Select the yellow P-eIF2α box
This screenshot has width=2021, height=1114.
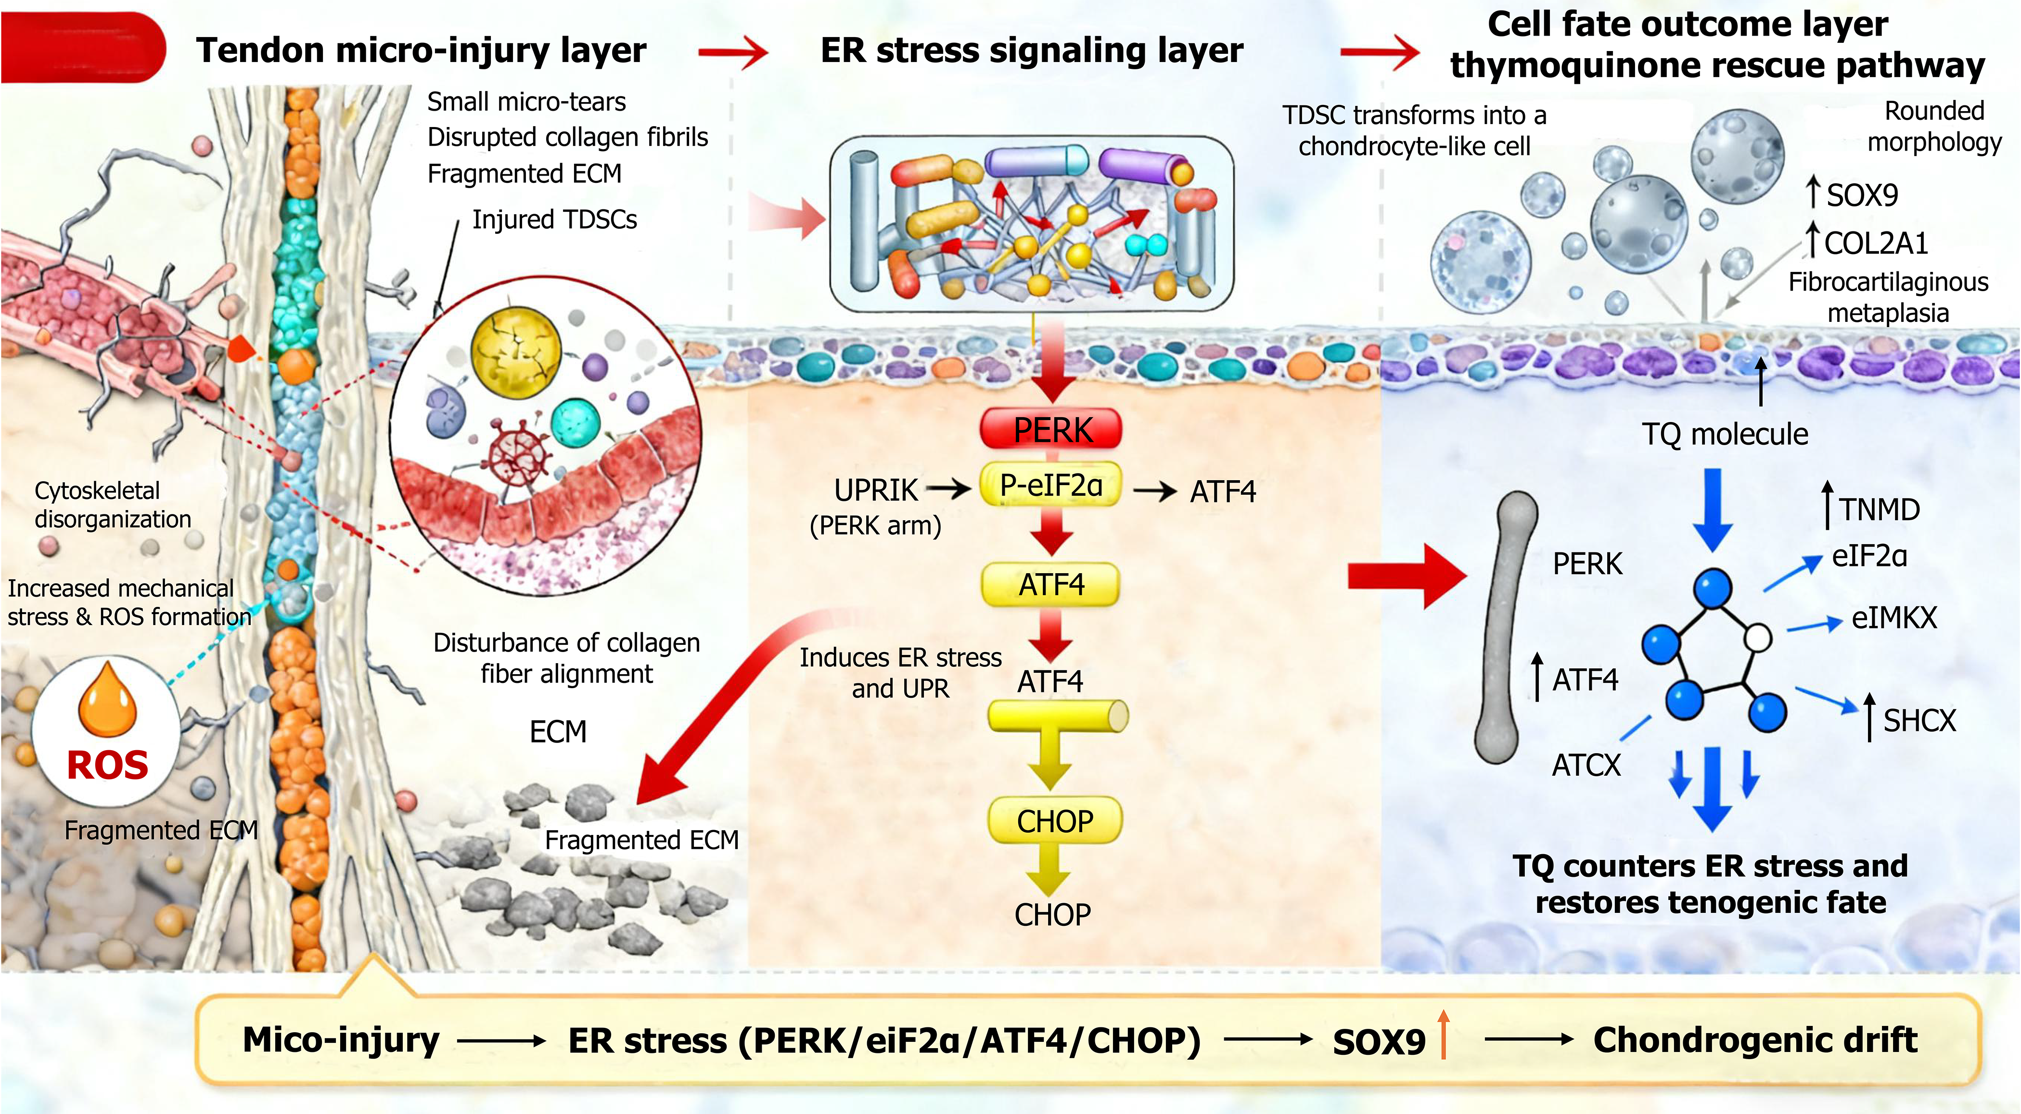(1051, 485)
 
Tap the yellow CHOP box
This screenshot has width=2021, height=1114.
(1055, 820)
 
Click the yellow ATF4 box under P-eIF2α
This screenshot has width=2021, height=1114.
(1051, 585)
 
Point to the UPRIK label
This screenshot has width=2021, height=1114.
(876, 490)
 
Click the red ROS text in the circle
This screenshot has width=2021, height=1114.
(107, 765)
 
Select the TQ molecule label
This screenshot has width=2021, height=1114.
(1725, 434)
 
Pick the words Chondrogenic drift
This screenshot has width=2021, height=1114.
(1755, 1040)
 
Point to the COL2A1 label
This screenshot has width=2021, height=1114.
(1876, 243)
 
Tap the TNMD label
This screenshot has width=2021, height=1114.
(1880, 510)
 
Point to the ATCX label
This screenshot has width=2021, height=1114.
(1586, 766)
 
